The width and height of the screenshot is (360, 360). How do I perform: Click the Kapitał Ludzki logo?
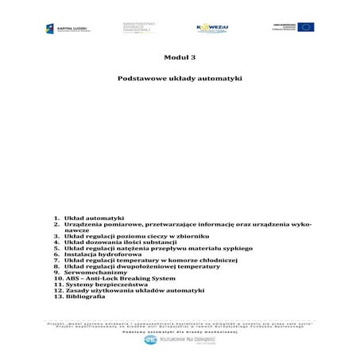click(67, 29)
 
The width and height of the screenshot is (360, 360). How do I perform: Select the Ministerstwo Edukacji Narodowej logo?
click(139, 27)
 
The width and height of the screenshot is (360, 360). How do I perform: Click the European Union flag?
click(305, 27)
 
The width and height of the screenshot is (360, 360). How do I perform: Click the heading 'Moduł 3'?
click(180, 58)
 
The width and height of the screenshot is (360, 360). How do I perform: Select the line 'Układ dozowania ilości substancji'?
click(114, 243)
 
